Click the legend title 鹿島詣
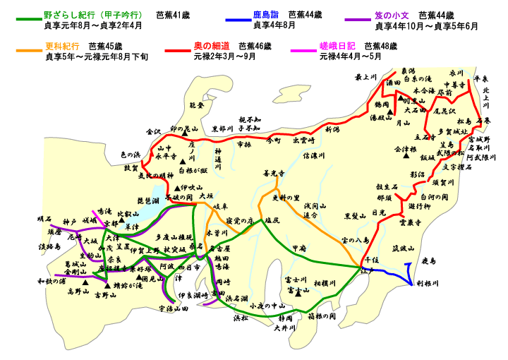pyautogui.click(x=267, y=14)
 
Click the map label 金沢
pyautogui.click(x=154, y=131)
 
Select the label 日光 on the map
pyautogui.click(x=378, y=212)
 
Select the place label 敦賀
pyautogui.click(x=132, y=168)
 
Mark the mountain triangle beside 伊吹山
pyautogui.click(x=177, y=188)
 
